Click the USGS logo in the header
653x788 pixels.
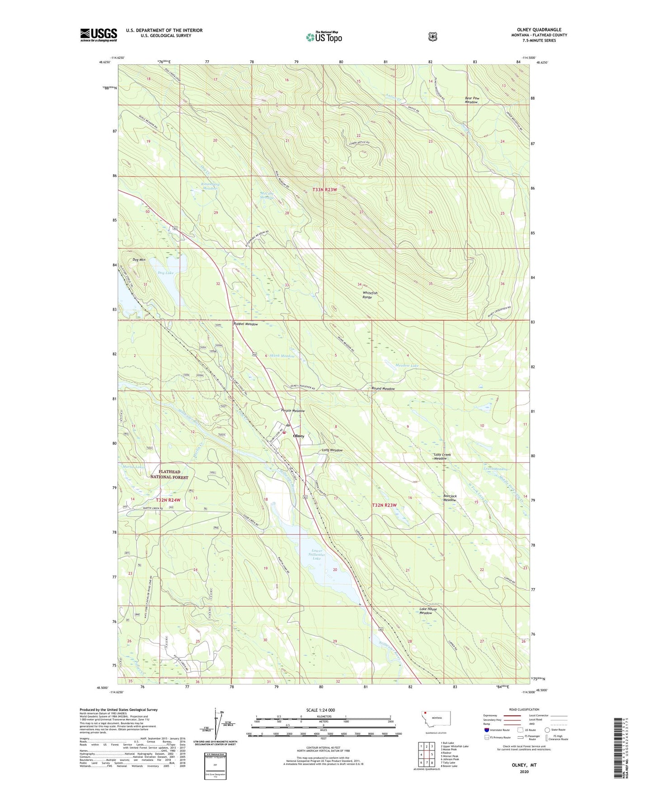99,35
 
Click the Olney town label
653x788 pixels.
298,436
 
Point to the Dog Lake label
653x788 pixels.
165,273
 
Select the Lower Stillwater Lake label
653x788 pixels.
316,555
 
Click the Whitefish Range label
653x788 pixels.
370,295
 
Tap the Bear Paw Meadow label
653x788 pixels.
471,100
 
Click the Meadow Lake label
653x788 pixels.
407,365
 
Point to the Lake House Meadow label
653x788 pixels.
428,611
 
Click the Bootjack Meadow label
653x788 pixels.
450,498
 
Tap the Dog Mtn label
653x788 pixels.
139,260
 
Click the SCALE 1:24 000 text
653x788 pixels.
320,710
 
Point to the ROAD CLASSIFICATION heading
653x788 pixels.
524,709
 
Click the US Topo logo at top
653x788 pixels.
323,37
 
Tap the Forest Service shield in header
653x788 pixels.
433,37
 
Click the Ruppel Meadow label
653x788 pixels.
245,324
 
